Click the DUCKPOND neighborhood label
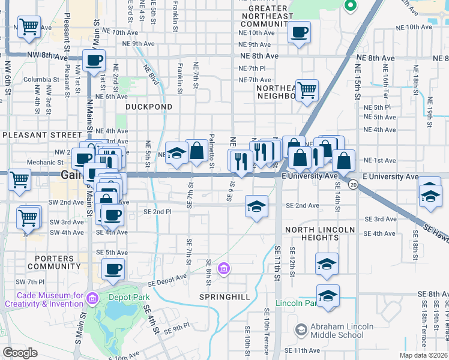pos(149,107)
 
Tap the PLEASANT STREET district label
pos(41,136)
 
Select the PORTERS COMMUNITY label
pos(54,262)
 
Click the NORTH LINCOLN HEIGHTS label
pos(321,234)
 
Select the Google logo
pos(20,353)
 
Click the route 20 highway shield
pos(354,185)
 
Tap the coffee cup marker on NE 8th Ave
pos(94,60)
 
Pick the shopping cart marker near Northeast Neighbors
pos(307,90)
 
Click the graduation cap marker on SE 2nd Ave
pos(256,207)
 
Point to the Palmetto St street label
pos(212,150)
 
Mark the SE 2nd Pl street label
pos(157,212)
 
